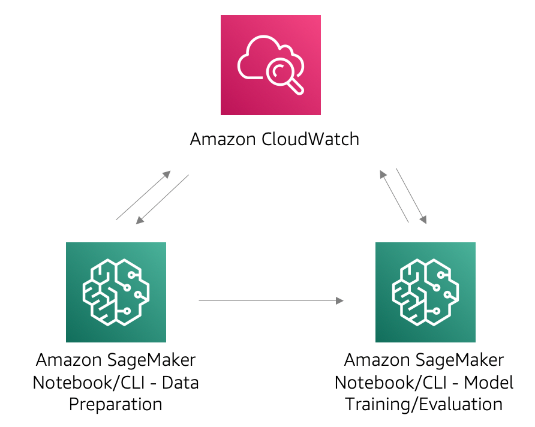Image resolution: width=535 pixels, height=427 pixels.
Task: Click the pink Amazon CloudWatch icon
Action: point(270,65)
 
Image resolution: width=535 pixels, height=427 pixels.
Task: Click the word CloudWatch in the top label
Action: point(311,140)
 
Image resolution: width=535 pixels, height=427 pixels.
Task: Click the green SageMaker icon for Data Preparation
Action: point(116,292)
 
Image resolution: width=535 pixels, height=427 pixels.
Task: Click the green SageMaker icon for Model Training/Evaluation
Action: point(425,292)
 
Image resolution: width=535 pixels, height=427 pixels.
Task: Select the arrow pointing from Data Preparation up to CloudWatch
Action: point(143,196)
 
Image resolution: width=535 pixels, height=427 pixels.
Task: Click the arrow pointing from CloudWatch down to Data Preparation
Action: point(162,200)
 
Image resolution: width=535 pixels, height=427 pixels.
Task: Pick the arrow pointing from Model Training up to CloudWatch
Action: point(394,196)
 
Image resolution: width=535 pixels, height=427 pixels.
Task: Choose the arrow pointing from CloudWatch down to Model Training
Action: point(411,196)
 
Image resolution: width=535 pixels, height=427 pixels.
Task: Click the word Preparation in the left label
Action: point(116,404)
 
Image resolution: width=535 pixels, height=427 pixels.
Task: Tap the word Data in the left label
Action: point(181,383)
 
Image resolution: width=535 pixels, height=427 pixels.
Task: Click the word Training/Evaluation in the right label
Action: point(424,404)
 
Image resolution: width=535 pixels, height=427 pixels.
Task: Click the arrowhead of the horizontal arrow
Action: point(340,300)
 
